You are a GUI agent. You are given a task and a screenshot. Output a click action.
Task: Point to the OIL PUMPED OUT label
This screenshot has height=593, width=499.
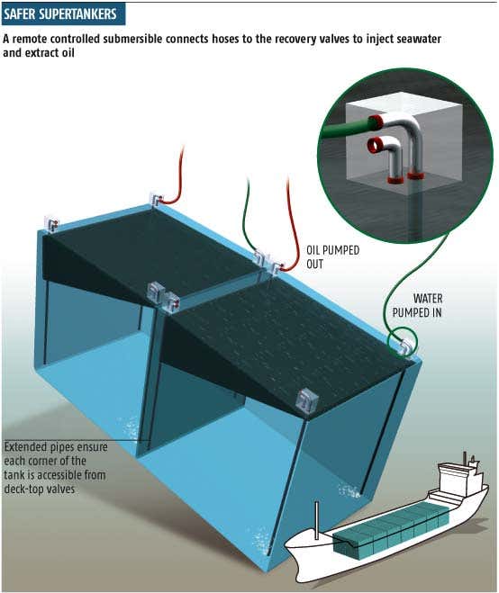pos(332,257)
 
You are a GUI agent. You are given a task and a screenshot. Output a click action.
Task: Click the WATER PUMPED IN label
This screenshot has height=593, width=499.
pos(417,305)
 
